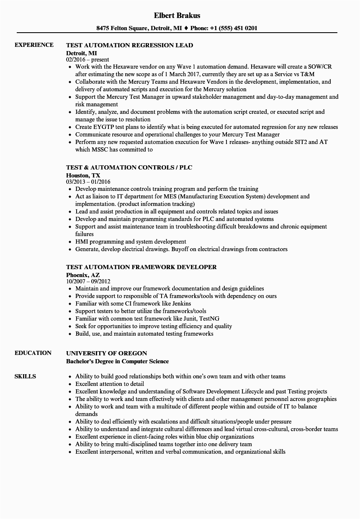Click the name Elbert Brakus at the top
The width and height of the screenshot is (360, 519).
(x=177, y=15)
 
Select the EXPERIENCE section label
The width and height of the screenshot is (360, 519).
(x=34, y=45)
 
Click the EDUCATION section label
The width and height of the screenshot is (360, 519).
(x=33, y=353)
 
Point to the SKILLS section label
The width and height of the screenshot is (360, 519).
(x=25, y=376)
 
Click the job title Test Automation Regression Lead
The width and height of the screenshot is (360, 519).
(x=129, y=45)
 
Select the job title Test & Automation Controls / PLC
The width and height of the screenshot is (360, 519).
(x=129, y=167)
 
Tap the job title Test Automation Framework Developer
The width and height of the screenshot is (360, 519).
(x=141, y=267)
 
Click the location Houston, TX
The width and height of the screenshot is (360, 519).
(x=83, y=175)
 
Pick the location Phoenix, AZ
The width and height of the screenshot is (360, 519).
(x=83, y=275)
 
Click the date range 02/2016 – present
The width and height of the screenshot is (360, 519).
(x=87, y=59)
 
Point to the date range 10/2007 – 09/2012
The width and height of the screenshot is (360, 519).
(x=88, y=281)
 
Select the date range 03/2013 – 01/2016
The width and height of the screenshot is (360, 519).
(x=88, y=182)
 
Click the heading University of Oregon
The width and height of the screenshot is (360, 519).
(x=106, y=353)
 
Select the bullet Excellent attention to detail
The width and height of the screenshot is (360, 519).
(x=109, y=384)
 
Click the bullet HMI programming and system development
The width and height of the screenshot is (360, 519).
(x=131, y=242)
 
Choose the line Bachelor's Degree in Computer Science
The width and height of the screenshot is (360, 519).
(x=117, y=361)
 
